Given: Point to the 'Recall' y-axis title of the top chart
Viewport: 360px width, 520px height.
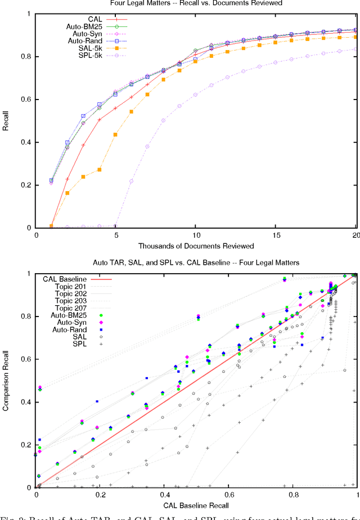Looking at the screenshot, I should coord(6,120).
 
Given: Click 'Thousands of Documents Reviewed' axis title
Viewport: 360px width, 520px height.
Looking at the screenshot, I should coord(196,246).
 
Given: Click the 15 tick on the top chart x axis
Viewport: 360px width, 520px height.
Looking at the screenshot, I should coord(276,234).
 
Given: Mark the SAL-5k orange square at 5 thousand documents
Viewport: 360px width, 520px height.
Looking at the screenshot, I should coord(116,134).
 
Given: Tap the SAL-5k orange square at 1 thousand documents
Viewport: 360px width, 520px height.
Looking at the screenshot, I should coord(52,226).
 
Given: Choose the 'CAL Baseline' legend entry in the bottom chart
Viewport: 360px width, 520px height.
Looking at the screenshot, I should coord(65,279).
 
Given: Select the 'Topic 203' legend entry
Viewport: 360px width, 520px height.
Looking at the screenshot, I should coord(71,301).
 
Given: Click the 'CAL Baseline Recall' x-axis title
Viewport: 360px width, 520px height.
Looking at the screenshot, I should coord(196,505).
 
